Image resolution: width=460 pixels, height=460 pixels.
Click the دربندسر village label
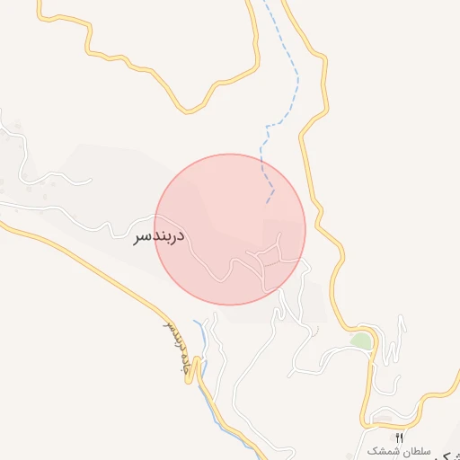[x=159, y=236]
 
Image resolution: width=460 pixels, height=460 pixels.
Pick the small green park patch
[x=361, y=341]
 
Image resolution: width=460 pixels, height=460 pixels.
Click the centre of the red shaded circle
[x=231, y=229]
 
